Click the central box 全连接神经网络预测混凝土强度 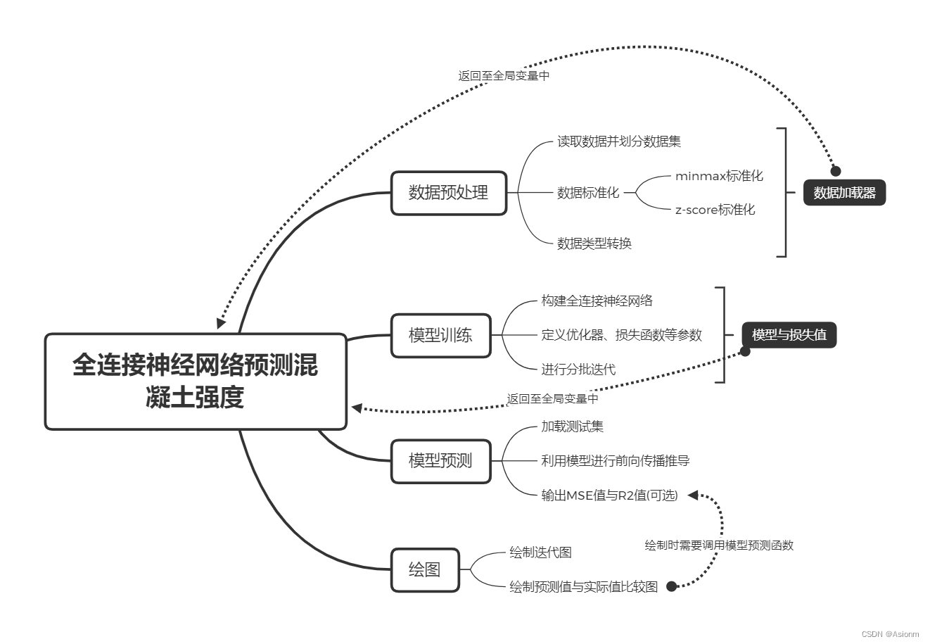point(196,381)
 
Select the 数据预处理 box point(449,192)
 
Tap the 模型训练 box point(440,335)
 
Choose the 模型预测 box point(440,461)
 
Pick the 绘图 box point(425,569)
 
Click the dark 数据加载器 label point(844,193)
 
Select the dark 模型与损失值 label point(789,335)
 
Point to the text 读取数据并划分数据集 point(619,141)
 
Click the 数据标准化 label point(588,193)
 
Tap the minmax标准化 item point(719,176)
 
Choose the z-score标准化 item point(715,210)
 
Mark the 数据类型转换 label point(594,244)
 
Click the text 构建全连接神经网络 point(597,301)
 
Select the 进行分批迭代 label point(578,369)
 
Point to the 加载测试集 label point(572,427)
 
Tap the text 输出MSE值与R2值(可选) point(609,495)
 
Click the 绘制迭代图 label point(540,553)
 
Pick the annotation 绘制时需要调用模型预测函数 point(719,545)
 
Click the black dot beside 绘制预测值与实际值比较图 point(671,586)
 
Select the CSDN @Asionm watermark point(890,633)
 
